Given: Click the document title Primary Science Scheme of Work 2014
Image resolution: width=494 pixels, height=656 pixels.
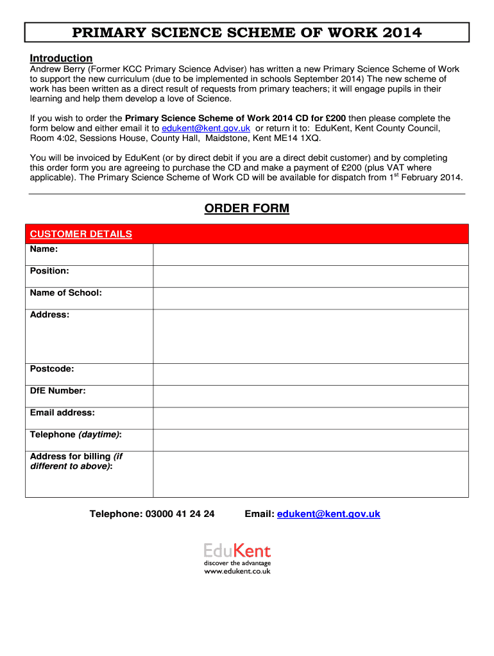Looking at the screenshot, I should [246, 33].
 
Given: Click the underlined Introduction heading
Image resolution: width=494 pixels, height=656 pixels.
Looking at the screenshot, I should [62, 58].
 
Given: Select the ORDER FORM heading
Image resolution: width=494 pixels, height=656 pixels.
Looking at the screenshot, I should [246, 209].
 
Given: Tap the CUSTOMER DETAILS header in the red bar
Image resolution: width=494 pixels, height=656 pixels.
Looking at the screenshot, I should [81, 234].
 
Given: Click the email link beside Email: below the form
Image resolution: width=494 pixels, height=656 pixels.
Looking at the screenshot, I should [328, 514].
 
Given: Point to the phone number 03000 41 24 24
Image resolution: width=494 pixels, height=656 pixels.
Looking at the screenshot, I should [180, 514].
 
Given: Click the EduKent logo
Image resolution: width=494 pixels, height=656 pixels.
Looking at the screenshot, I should [237, 552].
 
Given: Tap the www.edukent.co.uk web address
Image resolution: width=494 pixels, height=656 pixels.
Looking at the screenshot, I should [237, 571].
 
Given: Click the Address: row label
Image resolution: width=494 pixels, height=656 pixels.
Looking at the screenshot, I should [50, 315].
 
